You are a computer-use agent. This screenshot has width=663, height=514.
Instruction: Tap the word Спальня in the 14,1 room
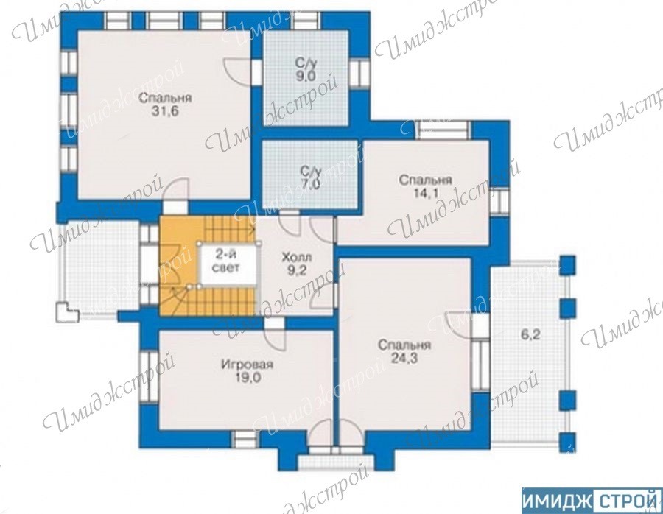click(425, 180)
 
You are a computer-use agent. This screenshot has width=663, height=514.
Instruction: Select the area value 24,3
click(404, 358)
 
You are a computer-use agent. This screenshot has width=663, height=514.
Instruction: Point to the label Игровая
click(248, 365)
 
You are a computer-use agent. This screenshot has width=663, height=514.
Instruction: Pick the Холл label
click(297, 257)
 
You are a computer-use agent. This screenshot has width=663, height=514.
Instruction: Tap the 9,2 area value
click(297, 270)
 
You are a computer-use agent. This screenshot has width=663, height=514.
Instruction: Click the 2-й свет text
click(227, 261)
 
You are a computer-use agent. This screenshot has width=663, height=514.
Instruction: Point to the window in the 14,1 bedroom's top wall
click(443, 130)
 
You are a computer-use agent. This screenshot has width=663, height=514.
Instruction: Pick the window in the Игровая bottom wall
click(245, 440)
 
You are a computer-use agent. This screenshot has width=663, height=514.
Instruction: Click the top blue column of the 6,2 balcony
click(568, 265)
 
